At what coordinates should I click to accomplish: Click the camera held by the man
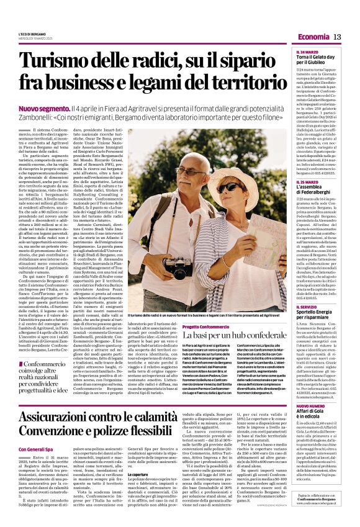179,251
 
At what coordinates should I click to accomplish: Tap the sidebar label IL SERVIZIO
307,307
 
